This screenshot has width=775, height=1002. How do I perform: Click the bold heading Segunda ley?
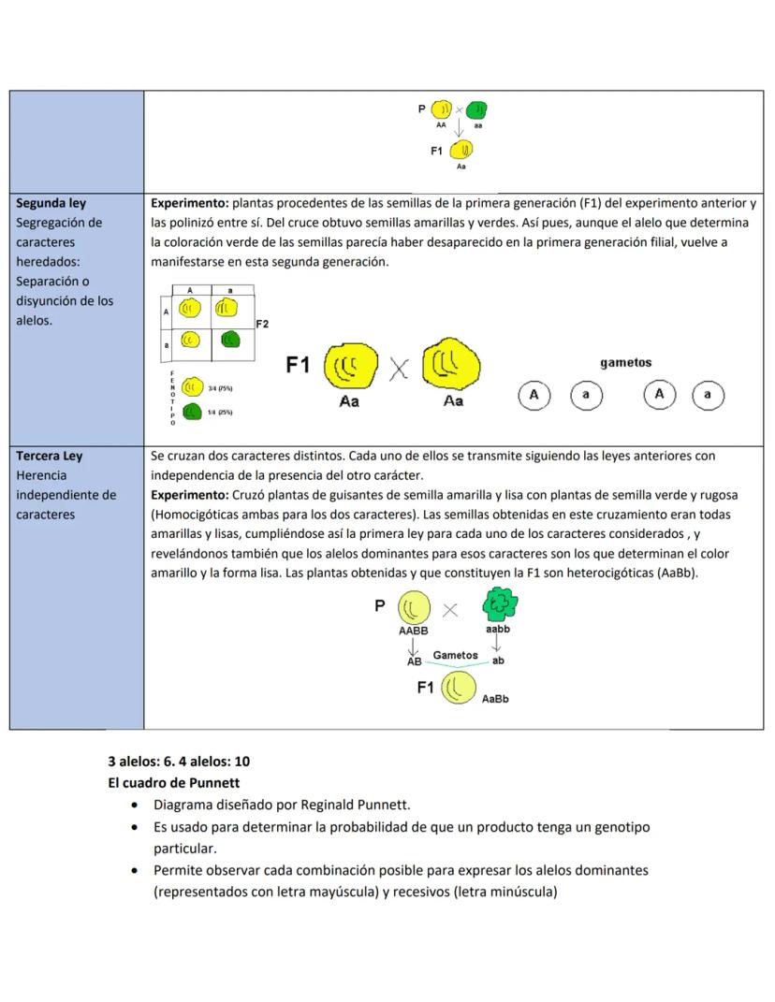pos(51,203)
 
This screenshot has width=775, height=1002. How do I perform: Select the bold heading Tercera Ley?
pos(50,457)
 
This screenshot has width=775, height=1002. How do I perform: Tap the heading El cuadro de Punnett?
pos(174,783)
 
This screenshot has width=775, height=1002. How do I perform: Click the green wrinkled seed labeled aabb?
pos(500,606)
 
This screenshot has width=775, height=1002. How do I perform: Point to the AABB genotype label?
pos(413,632)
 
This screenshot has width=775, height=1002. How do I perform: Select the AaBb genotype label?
pos(495,699)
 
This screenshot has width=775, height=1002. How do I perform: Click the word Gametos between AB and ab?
pos(455,656)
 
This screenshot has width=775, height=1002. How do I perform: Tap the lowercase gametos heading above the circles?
pos(625,363)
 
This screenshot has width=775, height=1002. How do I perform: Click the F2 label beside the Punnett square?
pos(262,324)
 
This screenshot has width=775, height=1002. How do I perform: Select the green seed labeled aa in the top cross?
pos(476,110)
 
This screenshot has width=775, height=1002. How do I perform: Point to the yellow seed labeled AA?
pos(441,109)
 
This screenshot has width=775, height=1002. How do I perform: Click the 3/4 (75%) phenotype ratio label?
pos(220,388)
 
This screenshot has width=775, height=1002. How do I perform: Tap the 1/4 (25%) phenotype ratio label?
pos(220,413)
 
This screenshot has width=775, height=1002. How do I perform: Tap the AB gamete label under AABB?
pos(414,661)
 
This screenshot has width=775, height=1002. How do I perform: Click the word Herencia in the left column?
pos(41,476)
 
